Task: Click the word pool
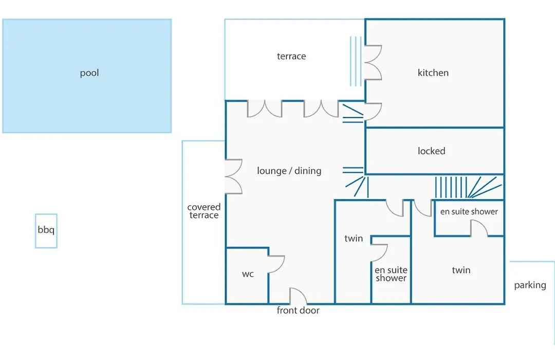89,73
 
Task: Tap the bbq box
46,231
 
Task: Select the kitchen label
433,73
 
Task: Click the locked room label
432,151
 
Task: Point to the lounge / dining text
289,171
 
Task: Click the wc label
248,274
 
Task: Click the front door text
298,311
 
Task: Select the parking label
530,285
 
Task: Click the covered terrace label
204,211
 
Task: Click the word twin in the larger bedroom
461,270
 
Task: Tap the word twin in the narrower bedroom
354,239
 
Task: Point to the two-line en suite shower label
391,274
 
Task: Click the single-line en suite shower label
469,211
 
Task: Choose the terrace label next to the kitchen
291,57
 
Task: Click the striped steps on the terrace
356,61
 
